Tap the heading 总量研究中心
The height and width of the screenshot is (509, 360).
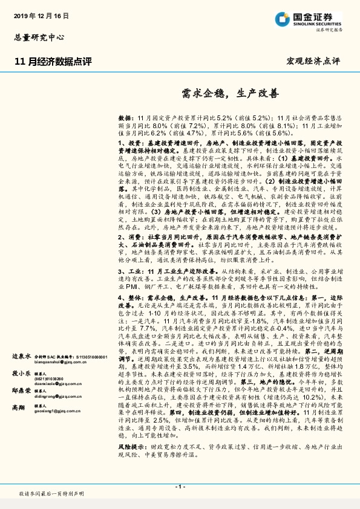point(39,37)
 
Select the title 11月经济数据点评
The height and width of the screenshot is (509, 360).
point(53,61)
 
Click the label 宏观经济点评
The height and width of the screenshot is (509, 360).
point(313,62)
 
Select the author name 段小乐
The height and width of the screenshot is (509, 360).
point(22,390)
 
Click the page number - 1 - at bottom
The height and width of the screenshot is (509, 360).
point(180,486)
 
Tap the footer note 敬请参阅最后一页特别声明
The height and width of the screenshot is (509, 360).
point(51,494)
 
